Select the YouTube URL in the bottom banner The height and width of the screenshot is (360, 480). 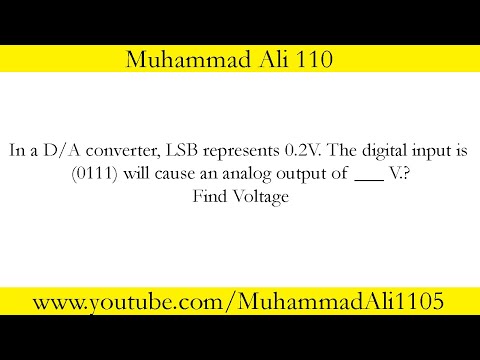[x=240, y=301]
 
